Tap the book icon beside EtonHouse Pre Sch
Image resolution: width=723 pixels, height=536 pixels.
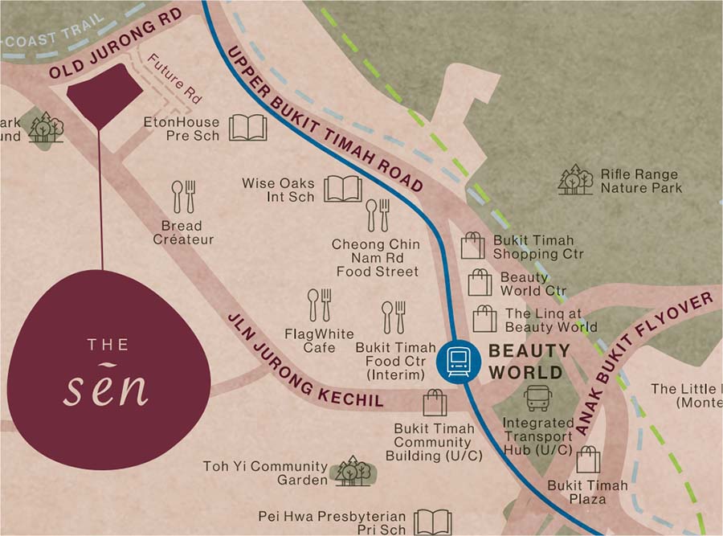click(247, 128)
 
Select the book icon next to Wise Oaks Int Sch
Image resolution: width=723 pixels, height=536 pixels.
click(342, 189)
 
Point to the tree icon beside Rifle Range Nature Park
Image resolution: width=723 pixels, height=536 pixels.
click(575, 179)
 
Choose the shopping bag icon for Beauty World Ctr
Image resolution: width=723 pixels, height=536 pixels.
click(480, 283)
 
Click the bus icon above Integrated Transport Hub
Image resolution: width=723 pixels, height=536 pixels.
click(537, 398)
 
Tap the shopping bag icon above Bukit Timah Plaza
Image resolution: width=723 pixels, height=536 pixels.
click(588, 460)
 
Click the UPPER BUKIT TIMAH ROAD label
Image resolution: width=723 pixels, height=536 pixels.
click(325, 117)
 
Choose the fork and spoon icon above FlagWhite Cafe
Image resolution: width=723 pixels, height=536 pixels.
click(319, 305)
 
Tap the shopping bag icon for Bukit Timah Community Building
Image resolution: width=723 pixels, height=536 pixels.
click(435, 403)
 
